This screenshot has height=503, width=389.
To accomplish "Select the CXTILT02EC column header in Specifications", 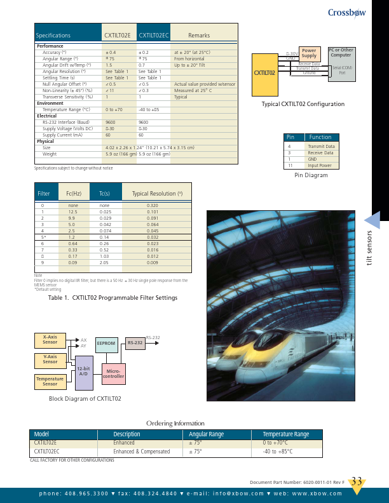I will (x=153, y=36).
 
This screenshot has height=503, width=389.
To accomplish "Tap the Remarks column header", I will (x=199, y=36).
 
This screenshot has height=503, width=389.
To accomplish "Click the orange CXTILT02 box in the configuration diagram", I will (x=264, y=72).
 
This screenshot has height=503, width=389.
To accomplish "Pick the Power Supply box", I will (x=309, y=53).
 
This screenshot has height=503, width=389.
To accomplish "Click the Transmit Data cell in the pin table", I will (x=320, y=146).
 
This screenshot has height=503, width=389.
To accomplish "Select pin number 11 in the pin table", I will (x=290, y=165).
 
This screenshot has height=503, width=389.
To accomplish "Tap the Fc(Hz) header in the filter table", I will (x=74, y=193).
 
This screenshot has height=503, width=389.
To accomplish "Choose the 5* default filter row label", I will (x=43, y=237).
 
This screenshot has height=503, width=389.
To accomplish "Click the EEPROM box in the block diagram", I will (x=106, y=343).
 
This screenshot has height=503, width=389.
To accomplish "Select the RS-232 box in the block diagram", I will (x=135, y=343).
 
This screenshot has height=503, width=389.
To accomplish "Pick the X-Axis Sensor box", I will (x=50, y=340).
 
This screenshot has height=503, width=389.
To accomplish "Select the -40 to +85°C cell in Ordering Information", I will (x=277, y=452).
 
